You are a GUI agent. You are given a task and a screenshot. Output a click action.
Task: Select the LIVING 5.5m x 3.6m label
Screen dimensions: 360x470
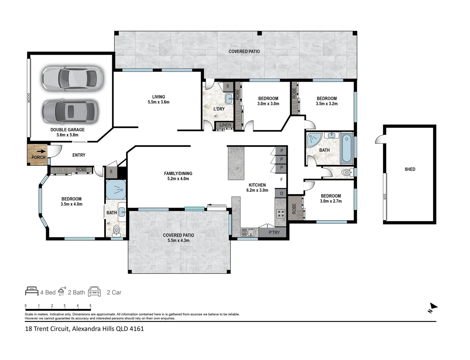point(158,100)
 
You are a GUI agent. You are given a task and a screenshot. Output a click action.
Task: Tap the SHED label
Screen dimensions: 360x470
point(410,169)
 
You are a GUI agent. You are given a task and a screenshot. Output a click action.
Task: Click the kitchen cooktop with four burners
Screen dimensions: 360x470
point(281,214)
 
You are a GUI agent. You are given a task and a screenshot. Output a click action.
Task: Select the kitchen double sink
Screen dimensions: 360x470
point(248,232)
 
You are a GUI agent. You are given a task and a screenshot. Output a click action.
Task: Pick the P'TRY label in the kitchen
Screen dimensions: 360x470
point(274,232)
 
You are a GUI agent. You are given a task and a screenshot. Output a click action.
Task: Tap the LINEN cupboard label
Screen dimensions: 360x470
point(225,125)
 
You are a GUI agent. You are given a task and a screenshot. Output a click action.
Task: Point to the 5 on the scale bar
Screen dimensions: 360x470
point(90,306)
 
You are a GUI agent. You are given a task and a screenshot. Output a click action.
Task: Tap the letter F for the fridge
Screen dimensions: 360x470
point(282,180)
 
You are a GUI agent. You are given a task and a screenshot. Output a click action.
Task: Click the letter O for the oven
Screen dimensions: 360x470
point(282,193)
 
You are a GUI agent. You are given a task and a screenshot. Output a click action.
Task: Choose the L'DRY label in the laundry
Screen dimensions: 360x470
point(219,109)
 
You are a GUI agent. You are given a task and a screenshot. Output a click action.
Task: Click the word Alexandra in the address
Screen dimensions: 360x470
point(87,329)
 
